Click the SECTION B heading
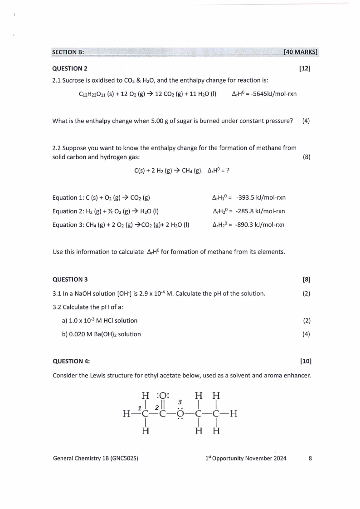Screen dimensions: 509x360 coord(68,52)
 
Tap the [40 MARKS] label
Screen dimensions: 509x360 coord(300,52)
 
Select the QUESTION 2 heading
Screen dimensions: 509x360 coord(70,69)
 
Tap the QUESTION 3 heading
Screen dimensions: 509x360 coord(70,279)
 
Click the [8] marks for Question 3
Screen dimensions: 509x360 coord(306,279)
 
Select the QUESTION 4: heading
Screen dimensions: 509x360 coord(71,362)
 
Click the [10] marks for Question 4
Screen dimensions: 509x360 coord(306,362)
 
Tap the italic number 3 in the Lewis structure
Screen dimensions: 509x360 coord(180,402)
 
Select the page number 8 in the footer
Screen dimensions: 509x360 coord(310,458)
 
